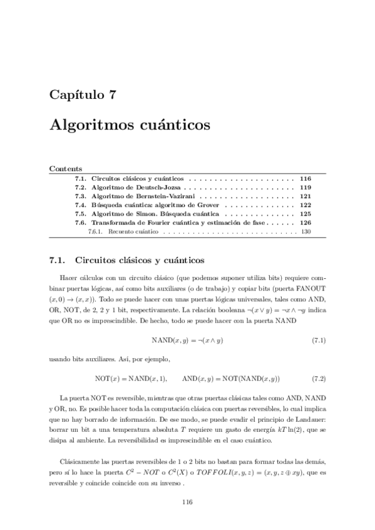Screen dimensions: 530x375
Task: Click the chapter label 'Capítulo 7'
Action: [82, 96]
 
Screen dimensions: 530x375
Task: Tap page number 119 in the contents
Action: [305, 187]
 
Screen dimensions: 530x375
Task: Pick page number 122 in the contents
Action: [305, 204]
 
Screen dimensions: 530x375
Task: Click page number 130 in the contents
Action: [306, 231]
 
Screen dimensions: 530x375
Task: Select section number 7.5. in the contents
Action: [80, 213]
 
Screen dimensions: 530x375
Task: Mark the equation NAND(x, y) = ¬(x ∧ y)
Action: [187, 341]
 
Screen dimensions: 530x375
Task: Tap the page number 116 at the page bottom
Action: [187, 502]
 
